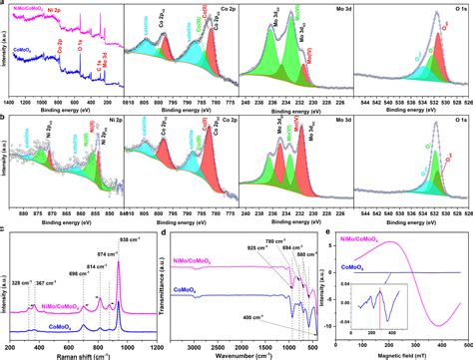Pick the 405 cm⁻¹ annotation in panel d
tap(247, 318)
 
